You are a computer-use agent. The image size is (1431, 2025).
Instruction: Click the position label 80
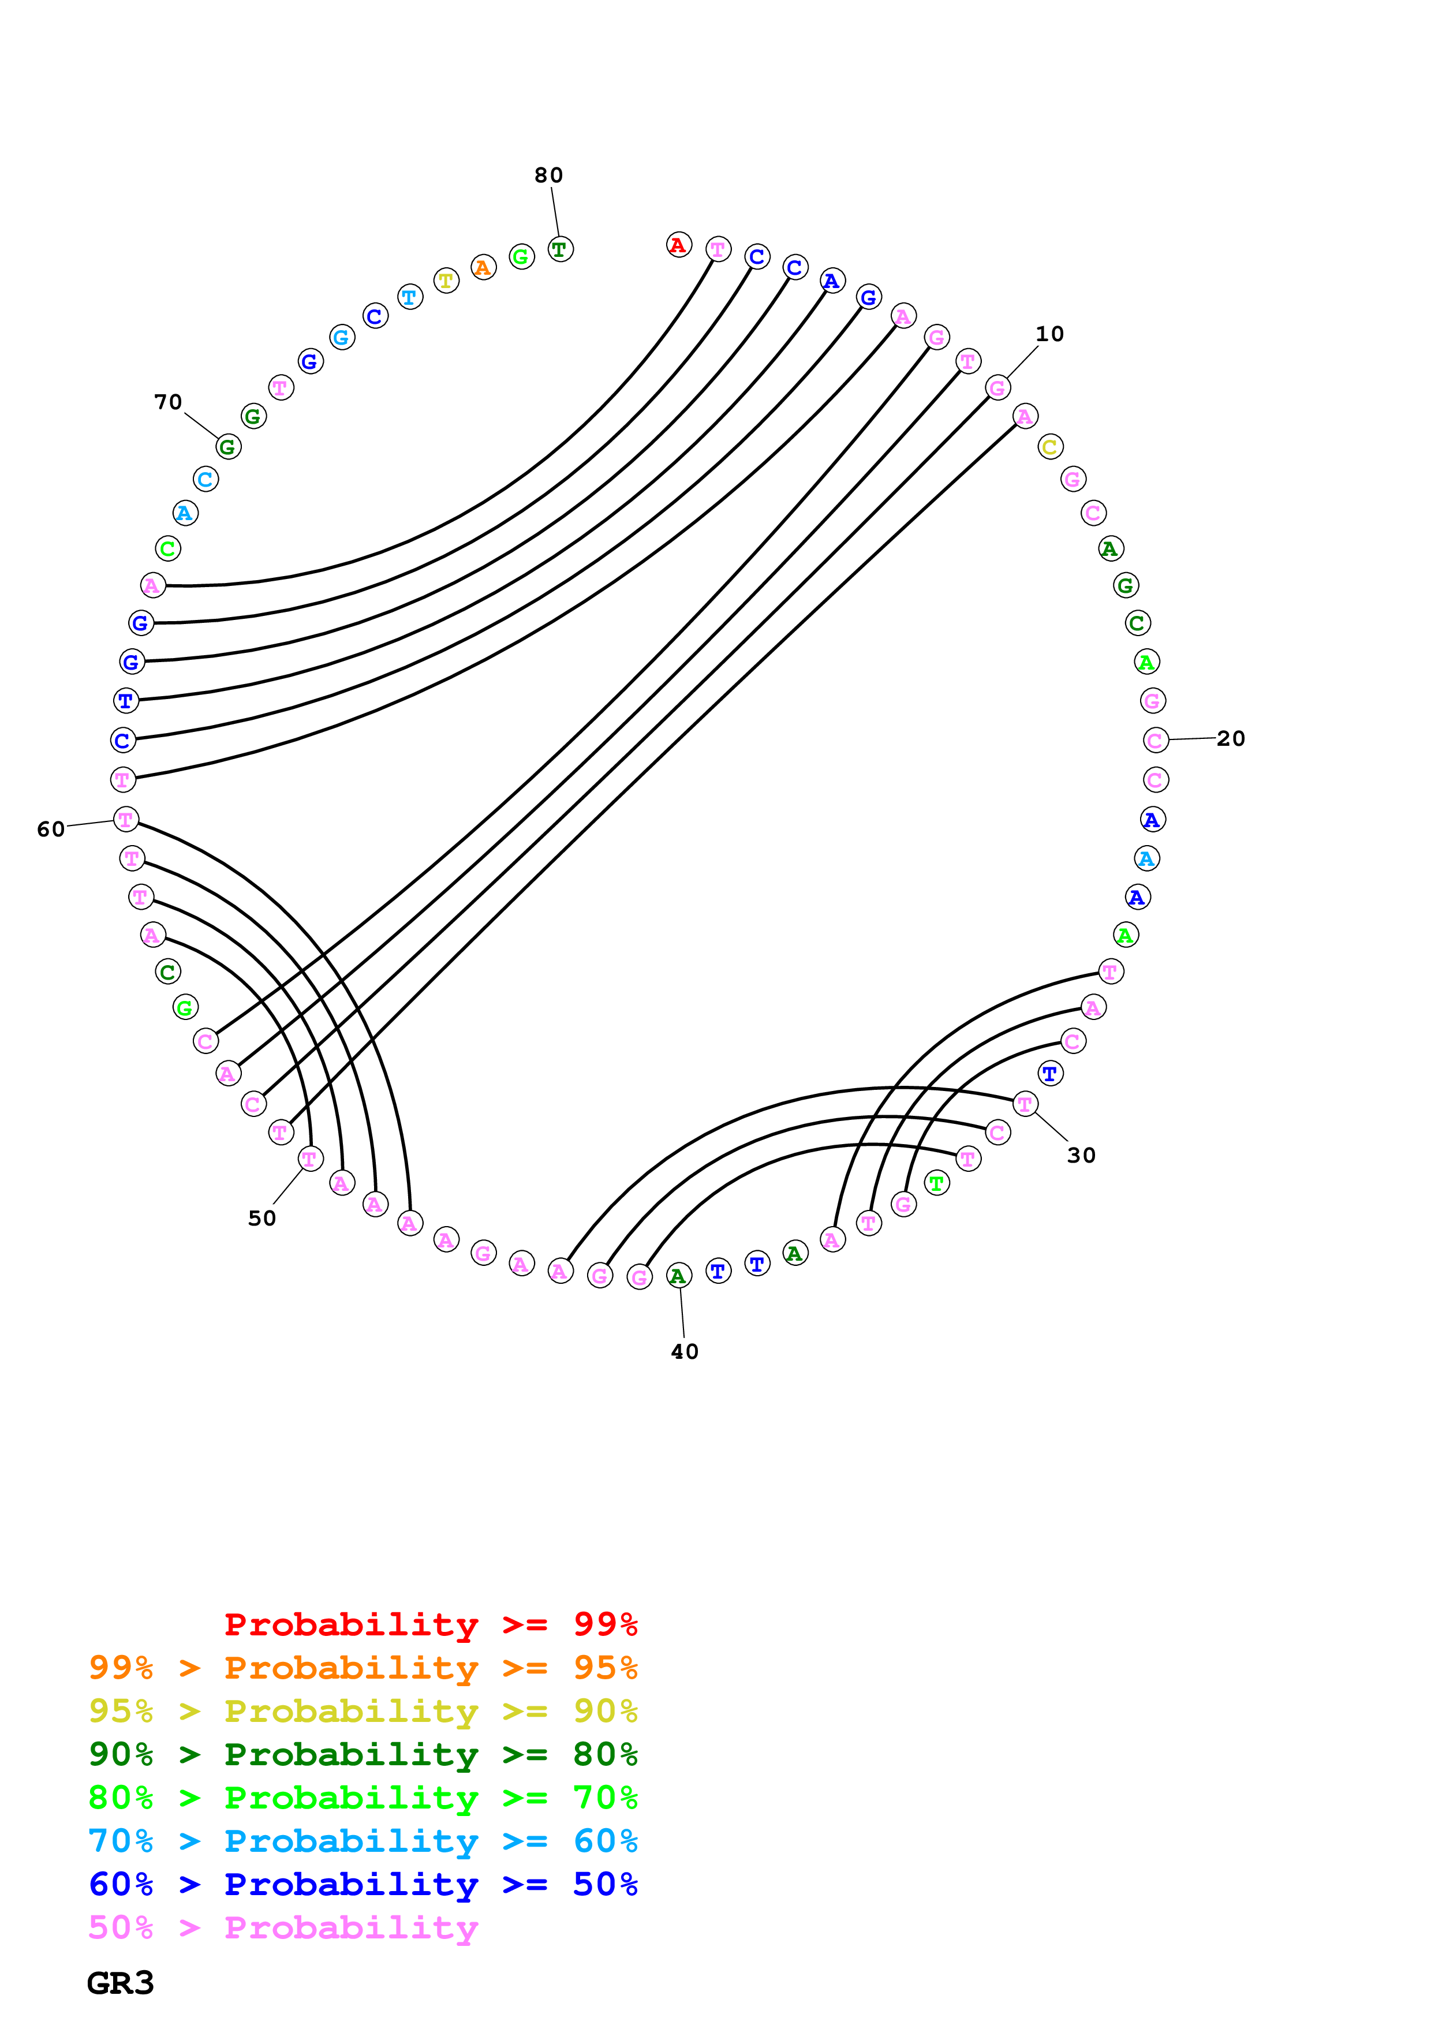548,175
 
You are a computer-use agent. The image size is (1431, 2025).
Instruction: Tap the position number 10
1049,334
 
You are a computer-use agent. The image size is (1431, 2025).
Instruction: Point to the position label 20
1231,739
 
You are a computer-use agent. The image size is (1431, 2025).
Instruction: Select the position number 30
1081,1156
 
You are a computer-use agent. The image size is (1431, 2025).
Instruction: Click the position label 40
684,1352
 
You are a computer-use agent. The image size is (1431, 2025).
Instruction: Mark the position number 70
169,403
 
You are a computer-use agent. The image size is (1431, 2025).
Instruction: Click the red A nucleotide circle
678,245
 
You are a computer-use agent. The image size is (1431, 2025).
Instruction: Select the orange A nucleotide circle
482,267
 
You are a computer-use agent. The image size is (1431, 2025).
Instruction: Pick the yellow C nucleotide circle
1049,447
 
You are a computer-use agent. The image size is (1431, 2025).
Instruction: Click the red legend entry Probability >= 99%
430,1624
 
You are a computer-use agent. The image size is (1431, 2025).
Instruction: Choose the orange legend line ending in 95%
363,1668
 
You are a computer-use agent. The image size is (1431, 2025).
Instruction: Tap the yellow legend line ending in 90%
363,1711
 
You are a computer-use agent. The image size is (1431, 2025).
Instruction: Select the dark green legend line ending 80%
363,1754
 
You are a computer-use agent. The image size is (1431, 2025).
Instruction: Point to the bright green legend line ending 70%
363,1798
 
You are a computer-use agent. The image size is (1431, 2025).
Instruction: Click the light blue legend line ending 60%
363,1841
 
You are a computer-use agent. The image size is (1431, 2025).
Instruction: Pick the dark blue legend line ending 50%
363,1884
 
